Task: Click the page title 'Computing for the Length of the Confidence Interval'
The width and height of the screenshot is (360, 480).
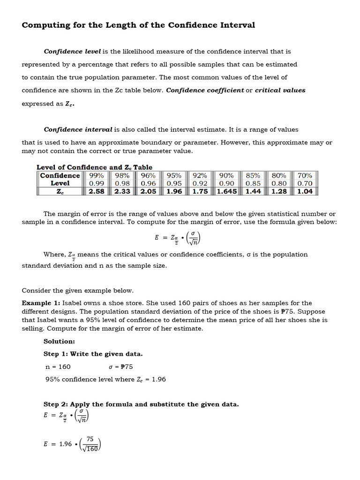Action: [138, 25]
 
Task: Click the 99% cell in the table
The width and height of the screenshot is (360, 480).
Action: [96, 175]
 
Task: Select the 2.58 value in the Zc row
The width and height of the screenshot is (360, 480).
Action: [96, 191]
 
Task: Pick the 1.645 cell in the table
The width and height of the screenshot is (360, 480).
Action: [226, 191]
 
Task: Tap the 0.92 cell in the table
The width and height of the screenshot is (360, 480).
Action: [200, 183]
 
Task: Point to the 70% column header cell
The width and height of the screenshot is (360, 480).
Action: [305, 175]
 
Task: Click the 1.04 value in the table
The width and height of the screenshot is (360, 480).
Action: [305, 191]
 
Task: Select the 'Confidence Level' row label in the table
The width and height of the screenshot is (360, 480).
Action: [60, 179]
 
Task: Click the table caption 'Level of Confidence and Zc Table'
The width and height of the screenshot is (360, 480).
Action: [94, 167]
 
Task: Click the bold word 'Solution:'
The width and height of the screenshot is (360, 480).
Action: [59, 341]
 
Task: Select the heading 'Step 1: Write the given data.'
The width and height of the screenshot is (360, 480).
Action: [93, 354]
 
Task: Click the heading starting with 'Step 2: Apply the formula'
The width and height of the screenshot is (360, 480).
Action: [141, 404]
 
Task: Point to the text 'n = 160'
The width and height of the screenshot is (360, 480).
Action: [58, 367]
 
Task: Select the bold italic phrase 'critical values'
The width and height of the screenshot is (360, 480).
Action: [280, 90]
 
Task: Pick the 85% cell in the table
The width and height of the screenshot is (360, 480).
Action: [253, 175]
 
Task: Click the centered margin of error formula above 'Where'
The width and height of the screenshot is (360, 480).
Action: [179, 238]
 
